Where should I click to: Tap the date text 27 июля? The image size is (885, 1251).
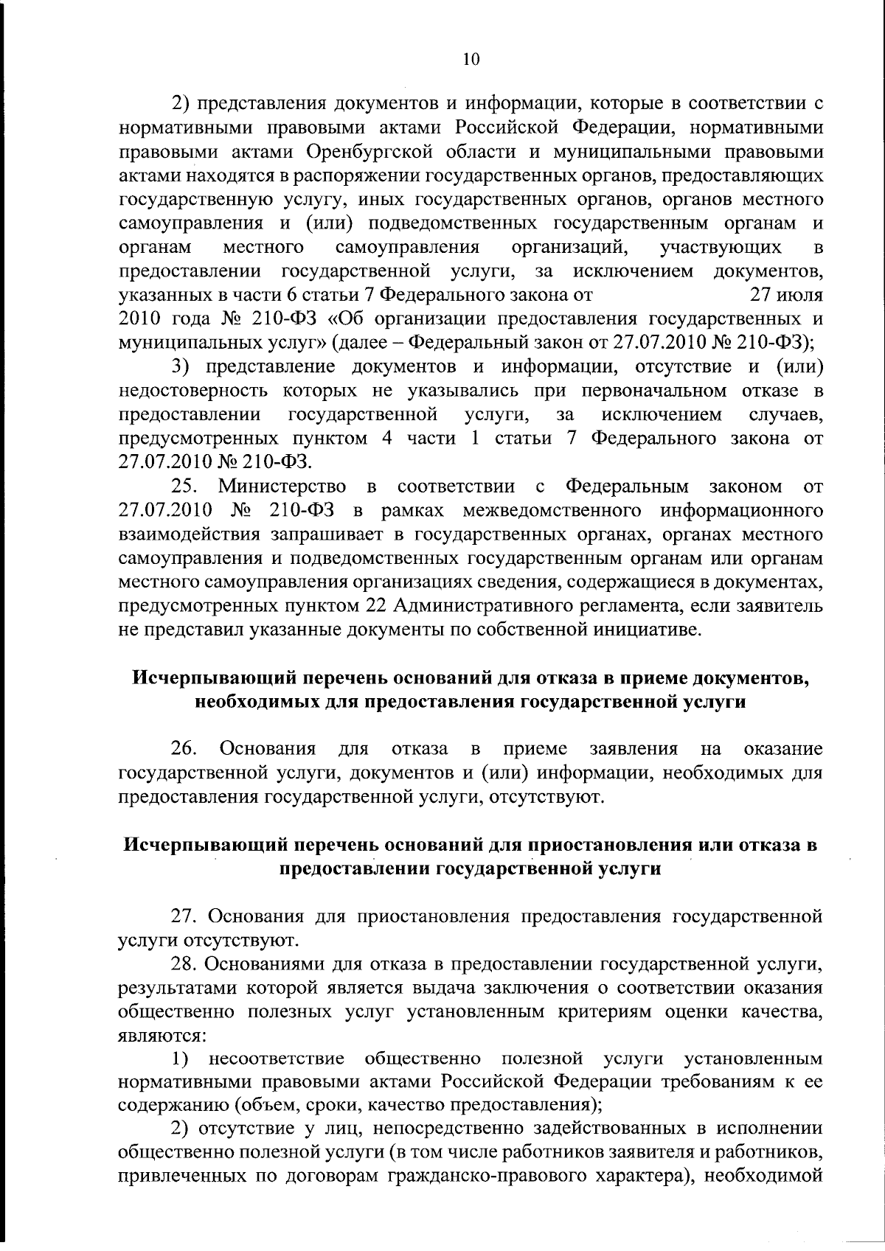coord(786,295)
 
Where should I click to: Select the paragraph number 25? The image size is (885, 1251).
coord(187,487)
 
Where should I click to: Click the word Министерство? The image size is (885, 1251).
coord(282,487)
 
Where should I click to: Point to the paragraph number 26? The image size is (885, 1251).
coord(184,749)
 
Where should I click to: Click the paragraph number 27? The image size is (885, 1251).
coord(185,917)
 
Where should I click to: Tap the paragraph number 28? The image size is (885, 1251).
coord(185,964)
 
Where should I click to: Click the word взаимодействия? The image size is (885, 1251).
coord(187,534)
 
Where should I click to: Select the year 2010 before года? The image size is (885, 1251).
coord(139,319)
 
